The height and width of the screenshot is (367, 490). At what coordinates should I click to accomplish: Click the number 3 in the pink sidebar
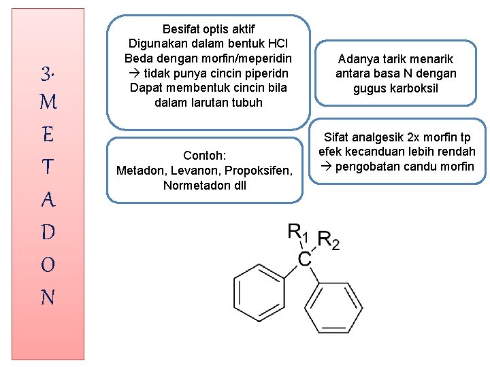coord(48,72)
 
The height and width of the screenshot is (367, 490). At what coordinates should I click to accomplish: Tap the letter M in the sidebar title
coord(48,103)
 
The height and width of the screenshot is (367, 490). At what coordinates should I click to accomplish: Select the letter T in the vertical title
coord(48,168)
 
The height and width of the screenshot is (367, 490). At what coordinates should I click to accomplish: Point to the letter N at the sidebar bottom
coord(48,297)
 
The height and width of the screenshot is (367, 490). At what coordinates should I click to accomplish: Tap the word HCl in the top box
coord(279,44)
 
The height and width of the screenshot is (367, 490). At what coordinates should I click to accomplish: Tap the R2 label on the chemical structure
coord(329,241)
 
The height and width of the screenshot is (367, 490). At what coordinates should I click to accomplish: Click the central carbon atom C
coord(306,259)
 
